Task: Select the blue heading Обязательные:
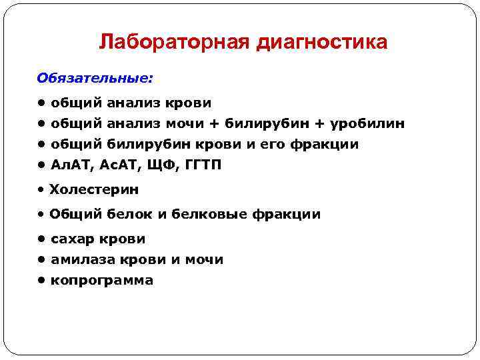[95, 79]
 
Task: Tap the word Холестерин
[94, 189]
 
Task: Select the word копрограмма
[102, 280]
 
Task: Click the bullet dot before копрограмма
[41, 280]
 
